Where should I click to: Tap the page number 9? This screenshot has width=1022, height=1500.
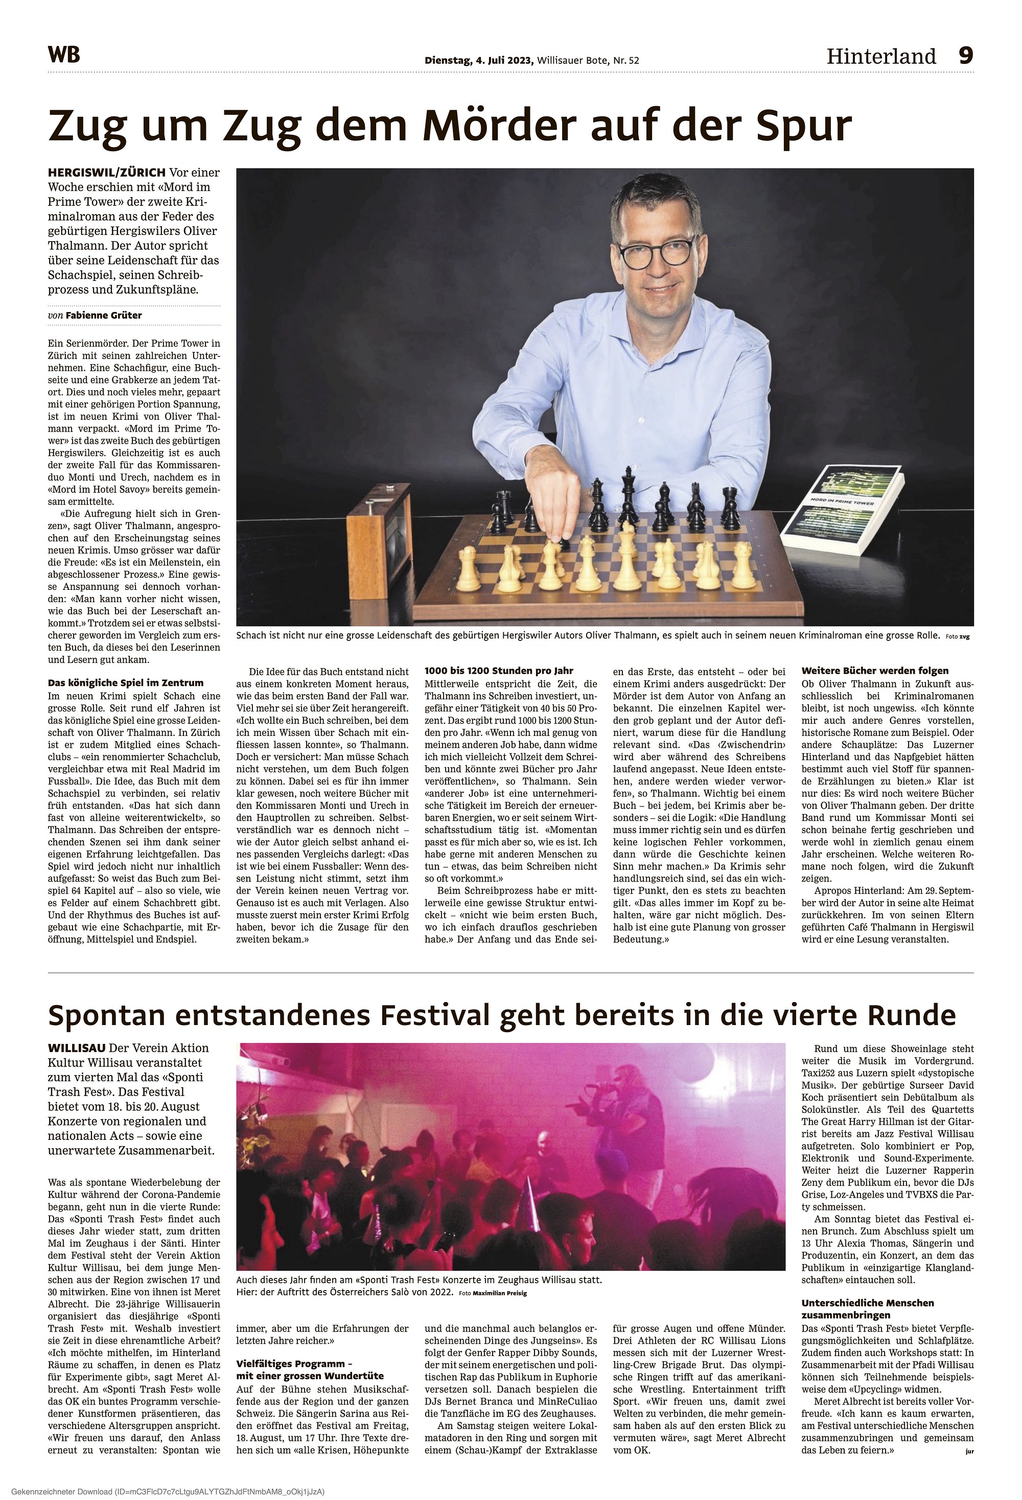[965, 56]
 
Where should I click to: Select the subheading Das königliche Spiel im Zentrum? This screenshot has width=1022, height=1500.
[126, 683]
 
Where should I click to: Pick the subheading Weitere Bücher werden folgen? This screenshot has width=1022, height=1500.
[875, 671]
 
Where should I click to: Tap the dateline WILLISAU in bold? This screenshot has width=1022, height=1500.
[78, 1048]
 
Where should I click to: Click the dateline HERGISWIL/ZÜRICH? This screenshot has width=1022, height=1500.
[107, 173]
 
